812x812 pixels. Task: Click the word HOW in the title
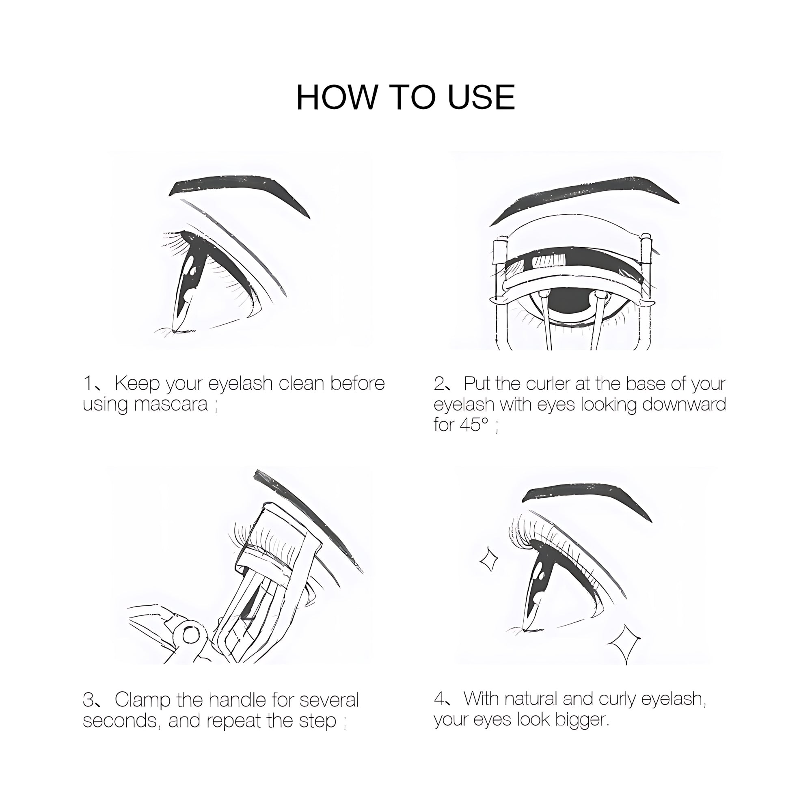point(336,97)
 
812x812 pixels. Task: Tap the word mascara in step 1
point(171,404)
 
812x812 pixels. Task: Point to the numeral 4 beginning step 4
point(439,700)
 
